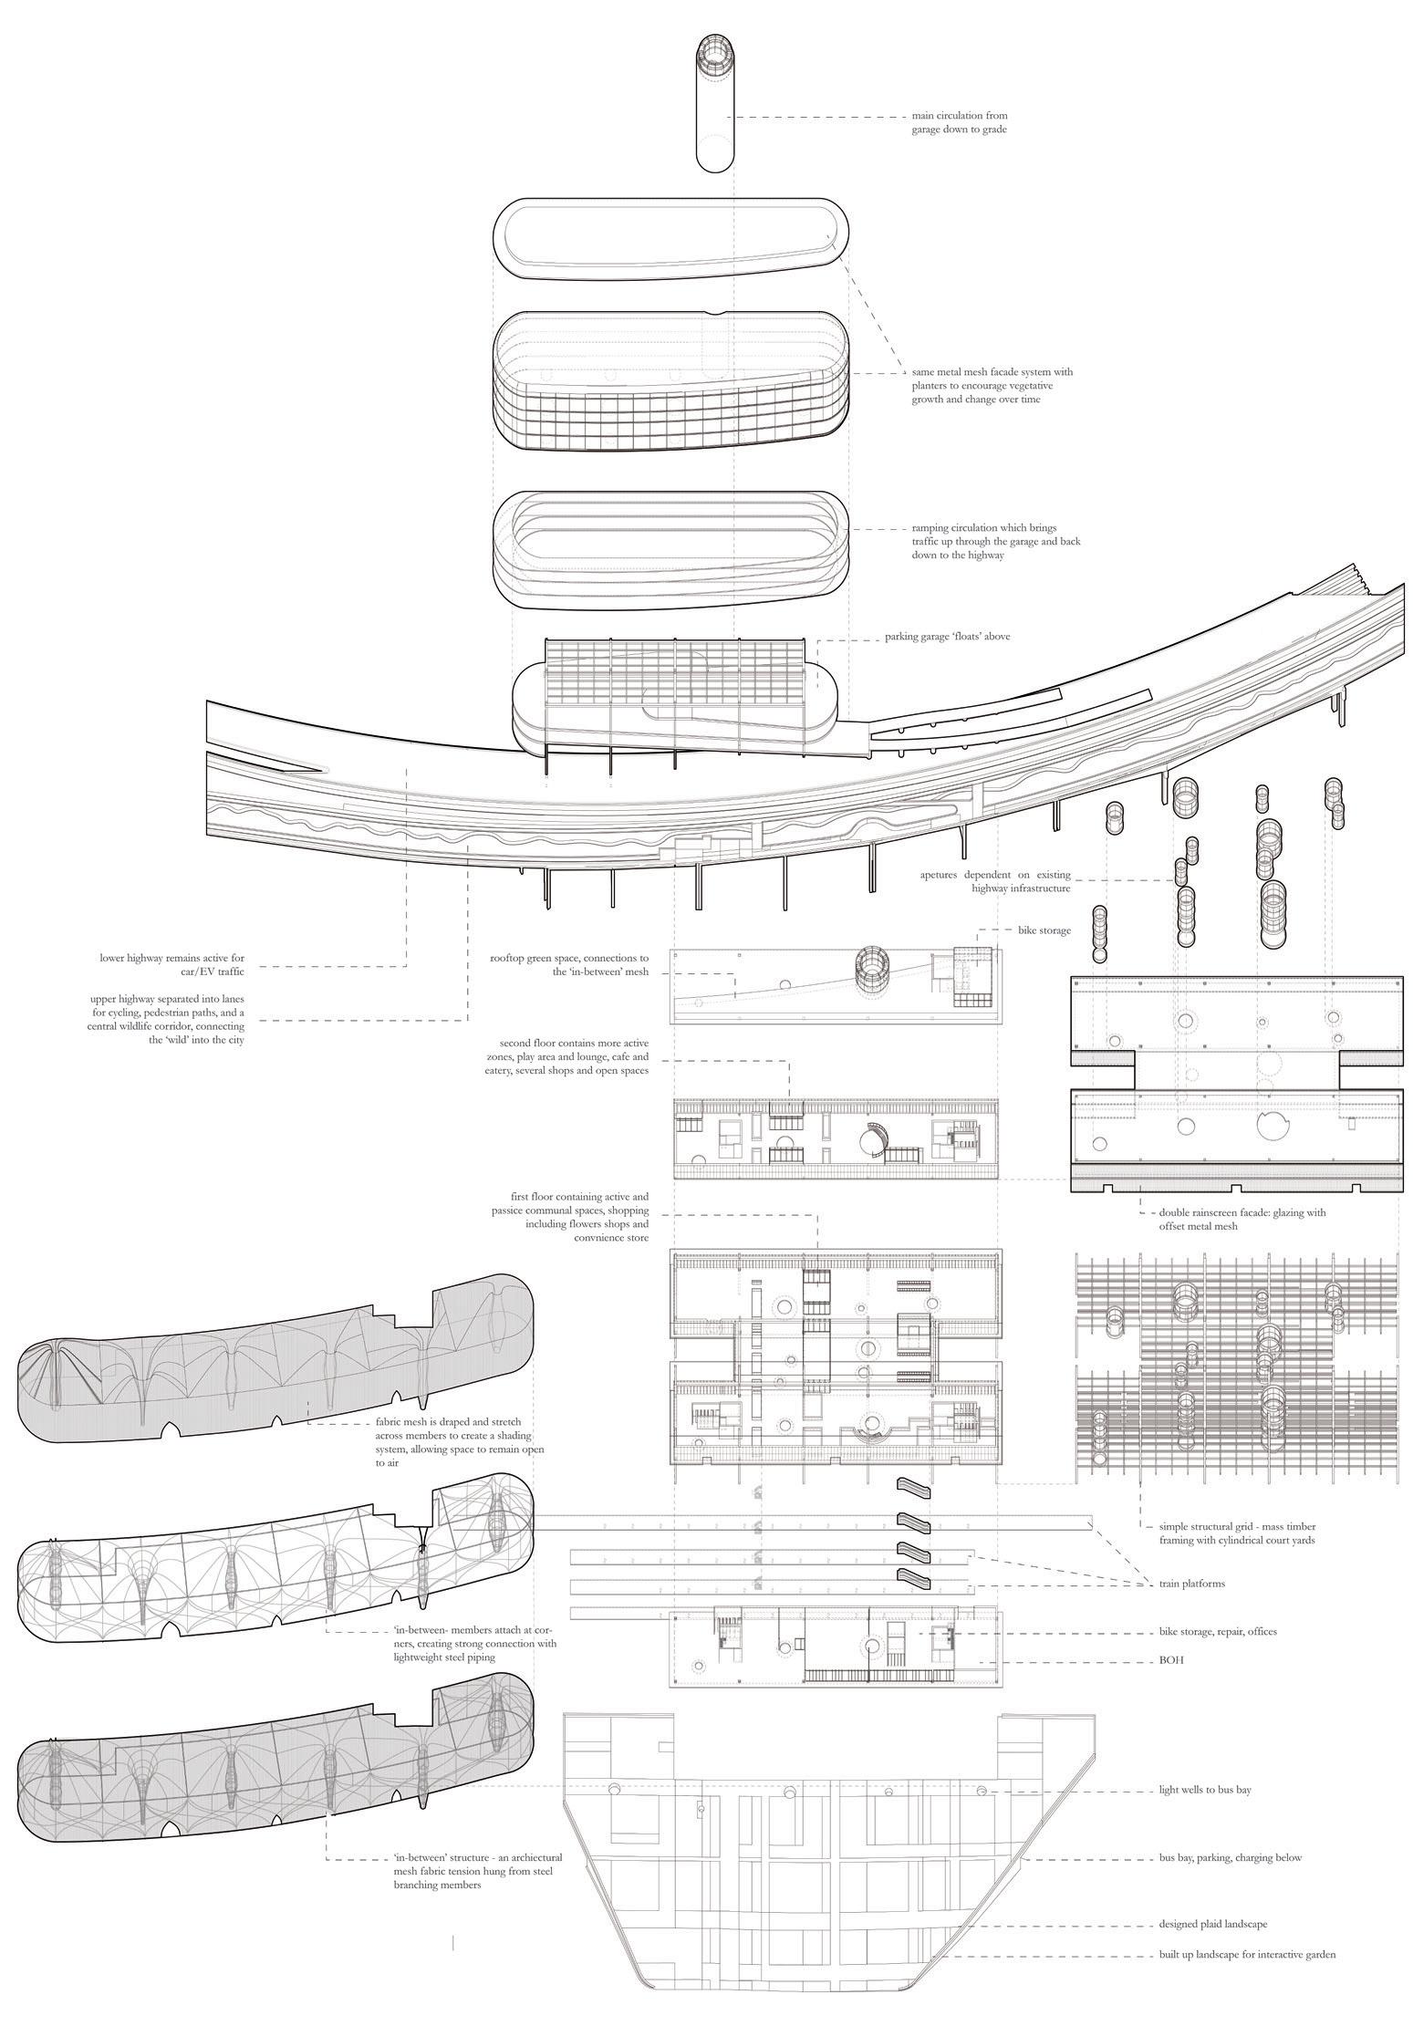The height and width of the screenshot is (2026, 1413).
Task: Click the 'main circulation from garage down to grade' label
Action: point(959,123)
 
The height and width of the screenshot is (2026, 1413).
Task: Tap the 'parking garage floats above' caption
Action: point(947,637)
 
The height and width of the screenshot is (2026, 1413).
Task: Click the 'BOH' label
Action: point(1171,1661)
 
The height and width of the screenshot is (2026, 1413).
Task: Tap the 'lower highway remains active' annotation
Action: point(172,965)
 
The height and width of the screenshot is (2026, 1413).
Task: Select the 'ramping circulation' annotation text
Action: point(996,541)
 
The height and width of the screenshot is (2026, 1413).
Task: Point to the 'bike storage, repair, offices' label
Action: point(1218,1631)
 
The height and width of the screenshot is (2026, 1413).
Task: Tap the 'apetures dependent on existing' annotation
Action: point(995,881)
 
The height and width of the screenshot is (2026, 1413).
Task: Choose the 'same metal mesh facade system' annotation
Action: point(992,385)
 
